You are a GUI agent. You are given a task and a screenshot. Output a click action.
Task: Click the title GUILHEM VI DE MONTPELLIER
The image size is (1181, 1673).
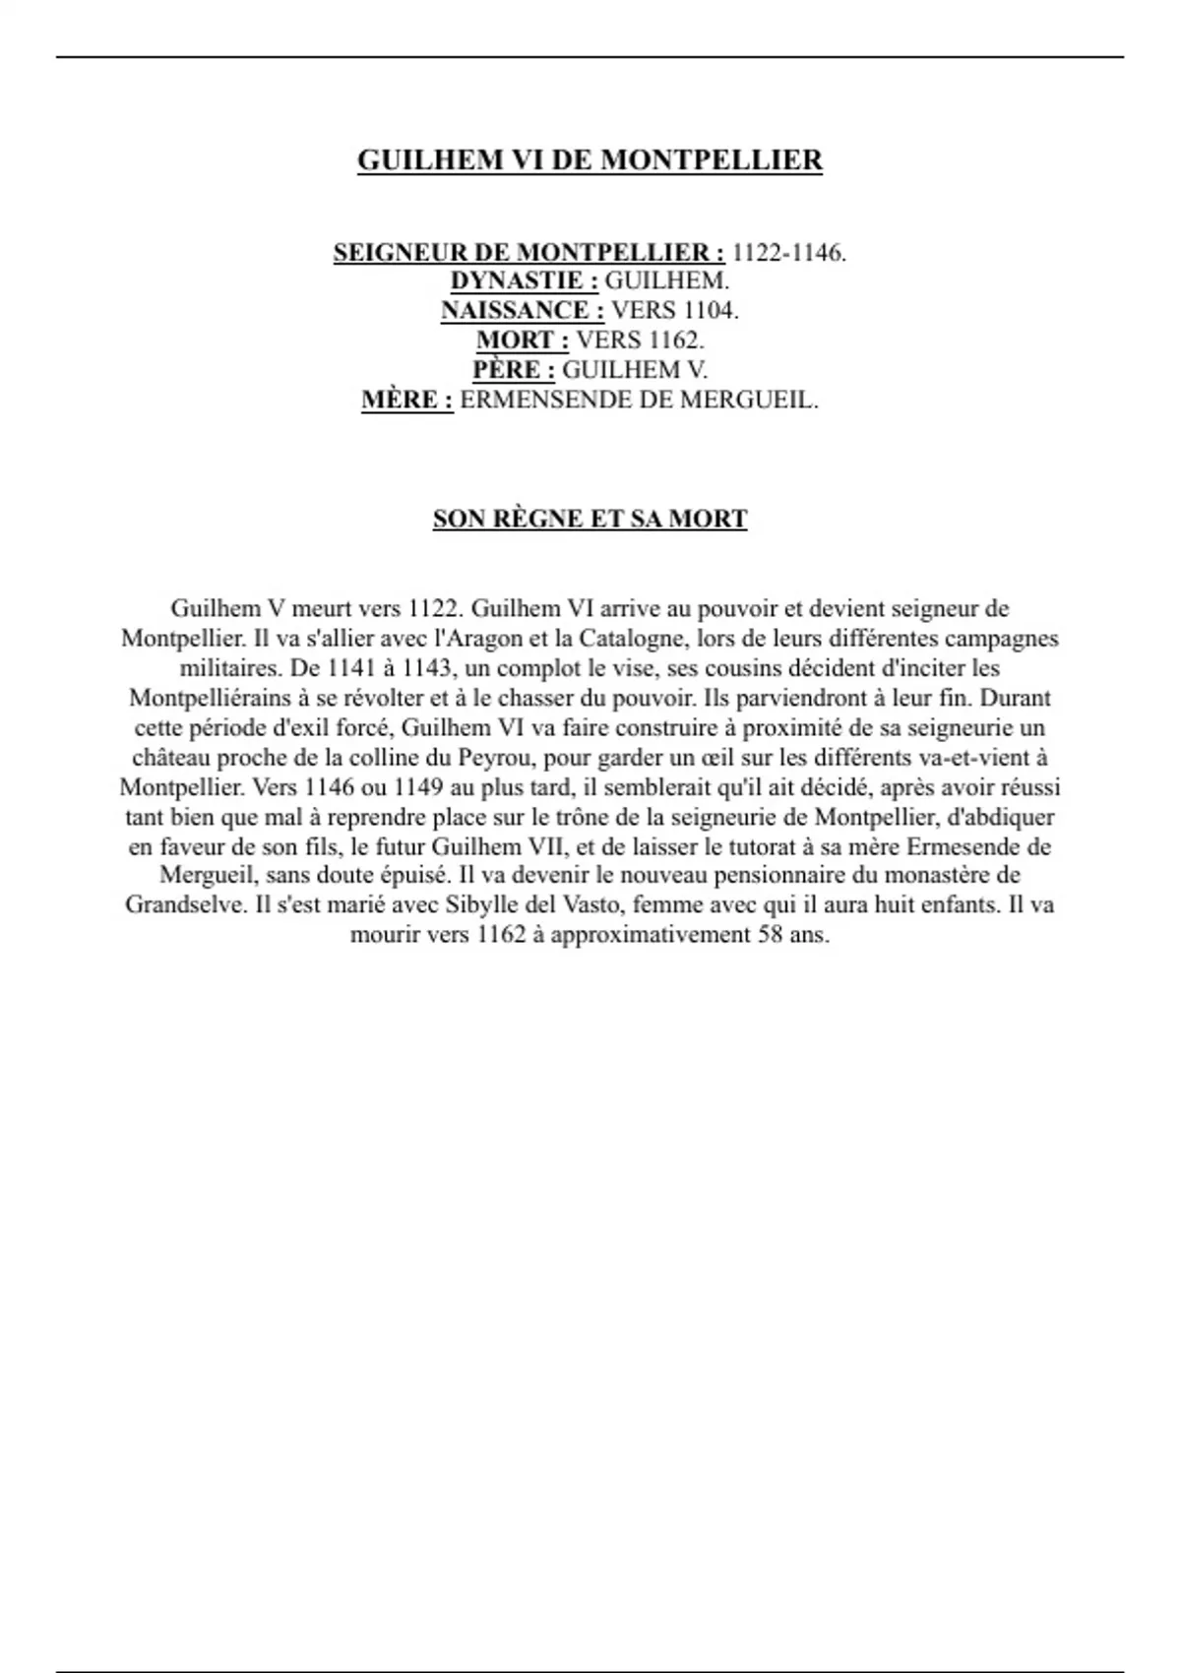pos(590,160)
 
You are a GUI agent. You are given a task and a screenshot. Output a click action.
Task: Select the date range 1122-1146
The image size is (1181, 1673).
pos(788,253)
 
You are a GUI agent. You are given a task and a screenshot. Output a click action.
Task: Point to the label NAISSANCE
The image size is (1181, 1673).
pos(522,311)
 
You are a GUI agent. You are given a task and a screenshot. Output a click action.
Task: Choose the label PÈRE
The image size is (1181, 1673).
pos(513,370)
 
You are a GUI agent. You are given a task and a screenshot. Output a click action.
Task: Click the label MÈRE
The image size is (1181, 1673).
pos(406,401)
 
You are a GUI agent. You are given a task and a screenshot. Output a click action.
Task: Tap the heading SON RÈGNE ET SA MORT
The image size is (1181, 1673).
pos(590,519)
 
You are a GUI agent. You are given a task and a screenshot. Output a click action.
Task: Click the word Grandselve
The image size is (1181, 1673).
pos(184,905)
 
